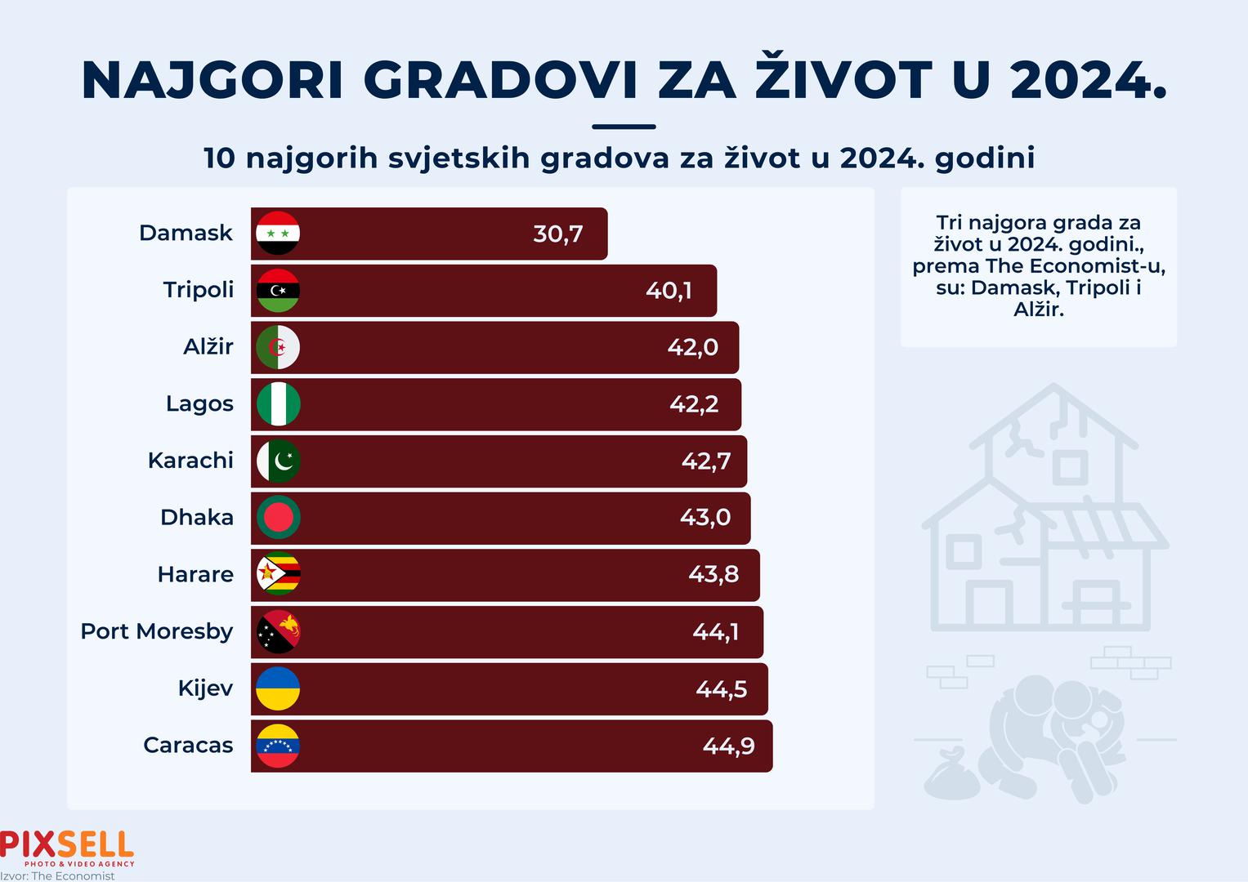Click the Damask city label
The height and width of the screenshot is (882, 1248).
pos(186,233)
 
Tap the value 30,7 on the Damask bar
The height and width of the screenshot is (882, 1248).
pos(557,234)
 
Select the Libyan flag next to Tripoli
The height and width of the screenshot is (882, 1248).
pos(278,290)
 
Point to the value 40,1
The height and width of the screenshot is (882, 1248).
pos(669,290)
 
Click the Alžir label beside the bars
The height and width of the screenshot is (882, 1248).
pos(208,346)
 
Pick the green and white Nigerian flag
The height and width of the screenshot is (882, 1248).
pos(278,404)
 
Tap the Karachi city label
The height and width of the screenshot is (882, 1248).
pos(190,461)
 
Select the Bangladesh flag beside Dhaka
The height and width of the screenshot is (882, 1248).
pos(278,518)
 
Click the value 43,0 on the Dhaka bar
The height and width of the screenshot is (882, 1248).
pos(705,517)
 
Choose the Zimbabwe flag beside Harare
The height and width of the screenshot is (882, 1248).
pos(278,575)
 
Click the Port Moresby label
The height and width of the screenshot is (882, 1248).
pos(156,631)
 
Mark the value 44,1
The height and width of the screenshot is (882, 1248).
pos(715,631)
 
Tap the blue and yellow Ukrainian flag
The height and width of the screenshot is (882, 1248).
pos(278,688)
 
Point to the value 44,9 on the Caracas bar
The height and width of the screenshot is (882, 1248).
pos(728,745)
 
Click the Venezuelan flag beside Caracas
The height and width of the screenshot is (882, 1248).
pos(278,745)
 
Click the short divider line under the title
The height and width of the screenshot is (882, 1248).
pos(623,127)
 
